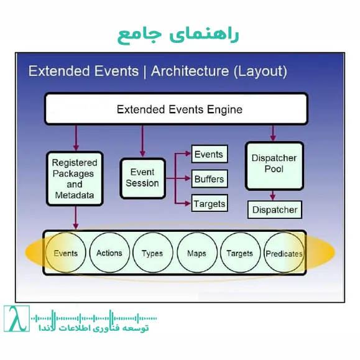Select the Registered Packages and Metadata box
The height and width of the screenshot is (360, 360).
pyautogui.click(x=74, y=179)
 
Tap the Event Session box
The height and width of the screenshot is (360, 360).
pyautogui.click(x=142, y=178)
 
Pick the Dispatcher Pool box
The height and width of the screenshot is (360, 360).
pyautogui.click(x=275, y=164)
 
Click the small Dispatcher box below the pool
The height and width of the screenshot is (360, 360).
pyautogui.click(x=275, y=210)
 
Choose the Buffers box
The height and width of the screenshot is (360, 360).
pyautogui.click(x=208, y=179)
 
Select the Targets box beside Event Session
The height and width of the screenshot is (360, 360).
pyautogui.click(x=210, y=203)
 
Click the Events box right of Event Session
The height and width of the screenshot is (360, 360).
pyautogui.click(x=208, y=154)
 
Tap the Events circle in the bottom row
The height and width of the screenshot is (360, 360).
pyautogui.click(x=65, y=253)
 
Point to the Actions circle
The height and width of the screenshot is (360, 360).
pyautogui.click(x=109, y=253)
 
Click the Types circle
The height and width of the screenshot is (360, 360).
pyautogui.click(x=152, y=253)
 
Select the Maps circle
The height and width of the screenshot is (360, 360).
pyautogui.click(x=196, y=253)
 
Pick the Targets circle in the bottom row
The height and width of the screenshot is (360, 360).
pyautogui.click(x=239, y=253)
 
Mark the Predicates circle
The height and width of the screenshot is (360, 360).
pyautogui.click(x=284, y=253)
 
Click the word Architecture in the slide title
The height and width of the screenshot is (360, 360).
pyautogui.click(x=190, y=71)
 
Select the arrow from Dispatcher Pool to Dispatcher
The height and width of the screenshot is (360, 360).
pyautogui.click(x=273, y=195)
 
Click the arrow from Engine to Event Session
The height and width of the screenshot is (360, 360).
pyautogui.click(x=142, y=141)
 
